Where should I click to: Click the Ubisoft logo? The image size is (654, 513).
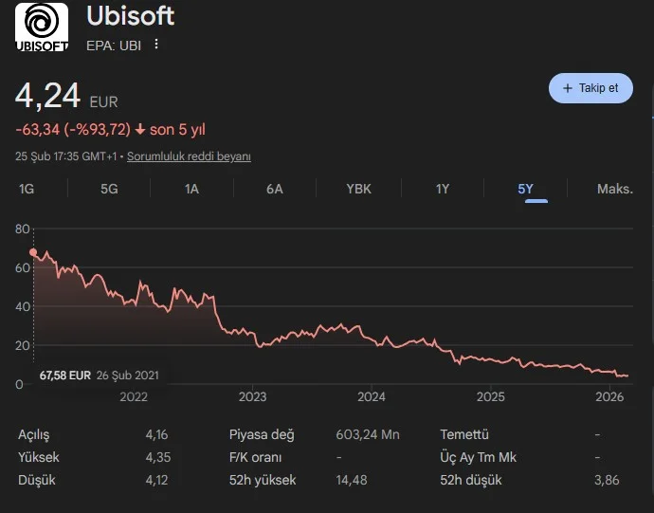[x=41, y=27]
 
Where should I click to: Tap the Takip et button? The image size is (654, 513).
[x=590, y=88]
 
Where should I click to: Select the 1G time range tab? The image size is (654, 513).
[x=27, y=189]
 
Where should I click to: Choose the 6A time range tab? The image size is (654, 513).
[x=275, y=189]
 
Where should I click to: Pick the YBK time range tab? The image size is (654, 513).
[x=359, y=189]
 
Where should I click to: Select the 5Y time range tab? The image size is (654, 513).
[x=526, y=189]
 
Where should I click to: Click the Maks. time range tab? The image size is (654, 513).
[x=614, y=189]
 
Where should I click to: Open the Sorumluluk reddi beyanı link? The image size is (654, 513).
[x=189, y=156]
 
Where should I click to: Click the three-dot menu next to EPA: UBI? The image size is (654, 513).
[x=156, y=45]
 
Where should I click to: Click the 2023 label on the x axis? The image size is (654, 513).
[x=252, y=396]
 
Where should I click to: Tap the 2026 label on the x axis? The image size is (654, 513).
[x=609, y=396]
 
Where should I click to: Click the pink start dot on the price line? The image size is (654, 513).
[x=33, y=252]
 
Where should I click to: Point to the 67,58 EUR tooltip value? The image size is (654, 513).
[x=64, y=375]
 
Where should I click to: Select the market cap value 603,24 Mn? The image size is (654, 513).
[x=368, y=434]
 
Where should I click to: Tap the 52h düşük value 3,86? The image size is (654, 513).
[x=606, y=480]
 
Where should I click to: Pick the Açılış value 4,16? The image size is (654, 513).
[x=157, y=434]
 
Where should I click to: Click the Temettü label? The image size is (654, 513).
[x=464, y=434]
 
